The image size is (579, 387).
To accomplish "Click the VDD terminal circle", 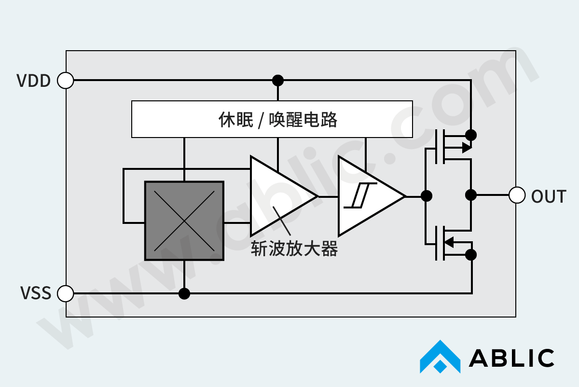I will pos(66,80).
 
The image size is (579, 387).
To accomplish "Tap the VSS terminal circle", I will pos(66,293).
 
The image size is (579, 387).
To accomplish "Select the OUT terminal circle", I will pos(517,195).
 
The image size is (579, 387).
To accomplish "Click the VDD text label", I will pos(34,81).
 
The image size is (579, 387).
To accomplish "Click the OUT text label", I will pos(549,196).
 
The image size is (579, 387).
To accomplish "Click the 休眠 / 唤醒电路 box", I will pos(272,119).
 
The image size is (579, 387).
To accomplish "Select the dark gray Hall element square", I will pos(184,221).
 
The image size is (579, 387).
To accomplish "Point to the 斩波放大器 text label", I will pos(294,249).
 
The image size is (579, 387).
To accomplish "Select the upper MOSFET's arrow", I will pos(466,148).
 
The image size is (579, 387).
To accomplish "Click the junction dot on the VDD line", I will pos(278,80).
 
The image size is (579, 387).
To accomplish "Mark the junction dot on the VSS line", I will pos(184,293).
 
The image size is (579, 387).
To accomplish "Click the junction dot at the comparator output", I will pos(427,195).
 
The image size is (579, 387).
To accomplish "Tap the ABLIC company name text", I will pos(511,358).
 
